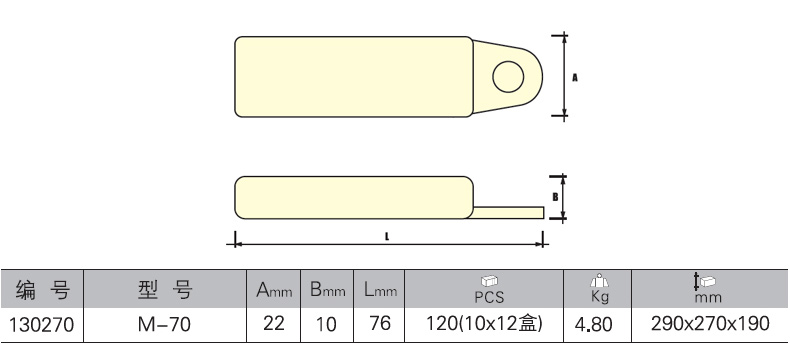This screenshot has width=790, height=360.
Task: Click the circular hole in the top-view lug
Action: [x=508, y=77]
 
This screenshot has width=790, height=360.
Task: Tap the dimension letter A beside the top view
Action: [x=575, y=78]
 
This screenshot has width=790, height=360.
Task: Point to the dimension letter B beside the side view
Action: [x=555, y=197]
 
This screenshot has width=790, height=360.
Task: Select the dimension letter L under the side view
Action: [x=387, y=236]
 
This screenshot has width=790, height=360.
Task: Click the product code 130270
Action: [x=41, y=325]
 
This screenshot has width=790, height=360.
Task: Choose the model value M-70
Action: [x=164, y=324]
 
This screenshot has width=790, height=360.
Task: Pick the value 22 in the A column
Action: [x=274, y=323]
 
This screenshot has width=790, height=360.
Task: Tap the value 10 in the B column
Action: [x=326, y=324]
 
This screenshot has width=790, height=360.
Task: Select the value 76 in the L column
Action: [x=379, y=323]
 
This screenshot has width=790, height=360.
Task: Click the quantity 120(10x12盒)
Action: [x=484, y=323]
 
